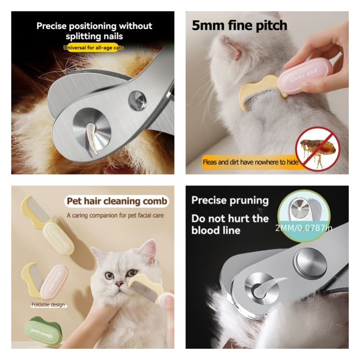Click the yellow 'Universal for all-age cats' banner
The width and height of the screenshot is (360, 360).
click(94, 48)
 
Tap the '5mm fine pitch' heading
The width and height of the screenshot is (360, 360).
click(239, 25)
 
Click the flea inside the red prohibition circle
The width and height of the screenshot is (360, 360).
click(317, 149)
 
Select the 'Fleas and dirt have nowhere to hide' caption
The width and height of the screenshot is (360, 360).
click(251, 162)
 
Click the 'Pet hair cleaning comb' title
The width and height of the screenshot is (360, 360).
click(117, 201)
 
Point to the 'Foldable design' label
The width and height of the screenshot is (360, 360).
click(48, 305)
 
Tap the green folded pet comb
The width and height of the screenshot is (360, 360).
click(42, 330)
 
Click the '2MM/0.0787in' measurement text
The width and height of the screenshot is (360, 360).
click(304, 228)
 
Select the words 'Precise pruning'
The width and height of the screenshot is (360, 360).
click(230, 201)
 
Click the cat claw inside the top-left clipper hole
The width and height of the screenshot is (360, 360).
click(92, 138)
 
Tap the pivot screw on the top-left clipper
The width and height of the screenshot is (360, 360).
click(137, 100)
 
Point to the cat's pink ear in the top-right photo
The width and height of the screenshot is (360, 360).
click(231, 48)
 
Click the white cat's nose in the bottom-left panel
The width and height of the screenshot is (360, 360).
click(119, 284)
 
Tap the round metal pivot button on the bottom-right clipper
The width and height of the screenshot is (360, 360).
click(310, 263)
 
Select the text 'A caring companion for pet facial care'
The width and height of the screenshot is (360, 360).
click(115, 216)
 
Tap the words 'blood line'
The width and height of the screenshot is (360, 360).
click(216, 230)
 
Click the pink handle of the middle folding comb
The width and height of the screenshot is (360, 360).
click(54, 282)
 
